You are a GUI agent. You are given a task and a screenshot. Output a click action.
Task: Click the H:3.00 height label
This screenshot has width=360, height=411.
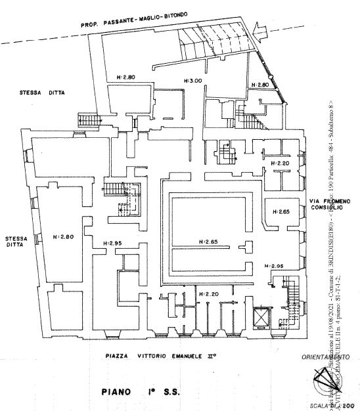click(192, 80)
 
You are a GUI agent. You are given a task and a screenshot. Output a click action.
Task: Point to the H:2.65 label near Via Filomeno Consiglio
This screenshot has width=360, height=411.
click(281, 212)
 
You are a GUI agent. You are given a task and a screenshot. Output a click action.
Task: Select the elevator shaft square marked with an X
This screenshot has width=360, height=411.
click(261, 317)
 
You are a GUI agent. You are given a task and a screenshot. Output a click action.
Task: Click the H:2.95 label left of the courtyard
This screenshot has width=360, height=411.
click(113, 244)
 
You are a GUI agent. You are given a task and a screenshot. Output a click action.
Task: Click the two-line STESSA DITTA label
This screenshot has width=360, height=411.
click(14, 241)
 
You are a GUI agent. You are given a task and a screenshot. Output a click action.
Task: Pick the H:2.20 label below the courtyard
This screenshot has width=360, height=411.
click(208, 293)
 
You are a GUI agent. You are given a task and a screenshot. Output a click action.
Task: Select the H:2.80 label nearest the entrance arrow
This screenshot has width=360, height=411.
click(259, 85)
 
